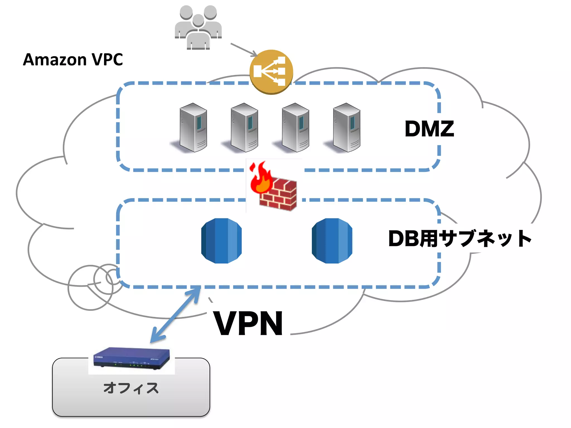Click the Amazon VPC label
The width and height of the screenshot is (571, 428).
pyautogui.click(x=73, y=60)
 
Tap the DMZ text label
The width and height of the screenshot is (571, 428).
pyautogui.click(x=429, y=129)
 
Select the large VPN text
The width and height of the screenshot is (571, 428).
pyautogui.click(x=248, y=324)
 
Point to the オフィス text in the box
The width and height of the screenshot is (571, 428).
pyautogui.click(x=131, y=388)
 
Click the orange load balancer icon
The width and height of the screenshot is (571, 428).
pyautogui.click(x=271, y=72)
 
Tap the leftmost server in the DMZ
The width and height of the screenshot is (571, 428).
pyautogui.click(x=193, y=128)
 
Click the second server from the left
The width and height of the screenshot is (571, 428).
pyautogui.click(x=244, y=128)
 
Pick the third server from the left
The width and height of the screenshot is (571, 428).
pyautogui.click(x=295, y=128)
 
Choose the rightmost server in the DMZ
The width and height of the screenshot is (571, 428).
pyautogui.click(x=347, y=128)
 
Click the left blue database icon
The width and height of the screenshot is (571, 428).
pyautogui.click(x=221, y=241)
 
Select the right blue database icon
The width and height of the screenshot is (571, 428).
pyautogui.click(x=332, y=241)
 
